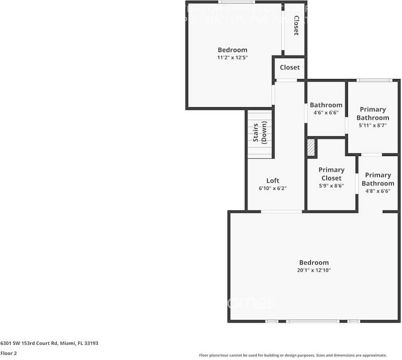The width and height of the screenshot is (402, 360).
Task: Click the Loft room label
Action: click(272, 181)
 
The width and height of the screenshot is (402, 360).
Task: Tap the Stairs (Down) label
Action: click(260, 133)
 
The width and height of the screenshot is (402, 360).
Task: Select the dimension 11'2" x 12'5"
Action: click(232, 58)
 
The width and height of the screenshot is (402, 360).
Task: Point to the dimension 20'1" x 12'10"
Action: click(314, 271)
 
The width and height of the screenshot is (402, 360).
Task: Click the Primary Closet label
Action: click(331, 174)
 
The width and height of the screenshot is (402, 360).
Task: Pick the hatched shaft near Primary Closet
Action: click(311, 148)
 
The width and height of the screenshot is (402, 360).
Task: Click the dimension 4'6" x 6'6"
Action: click(326, 113)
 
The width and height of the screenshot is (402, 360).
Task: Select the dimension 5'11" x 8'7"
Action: click(373, 125)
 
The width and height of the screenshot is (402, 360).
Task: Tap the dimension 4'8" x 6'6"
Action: click(378, 191)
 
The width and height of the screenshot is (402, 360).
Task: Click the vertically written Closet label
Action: click(296, 25)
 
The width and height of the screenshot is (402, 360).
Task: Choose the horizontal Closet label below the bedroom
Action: click(290, 67)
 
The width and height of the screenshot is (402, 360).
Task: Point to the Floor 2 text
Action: click(8, 353)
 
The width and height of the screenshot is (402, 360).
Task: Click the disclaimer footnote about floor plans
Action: click(293, 355)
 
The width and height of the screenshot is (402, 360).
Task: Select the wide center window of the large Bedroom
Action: click(312, 321)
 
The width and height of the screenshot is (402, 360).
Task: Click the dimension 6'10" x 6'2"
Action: click(272, 188)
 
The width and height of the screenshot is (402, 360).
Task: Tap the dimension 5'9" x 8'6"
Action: click(331, 186)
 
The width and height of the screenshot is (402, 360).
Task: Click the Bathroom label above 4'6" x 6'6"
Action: click(326, 105)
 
